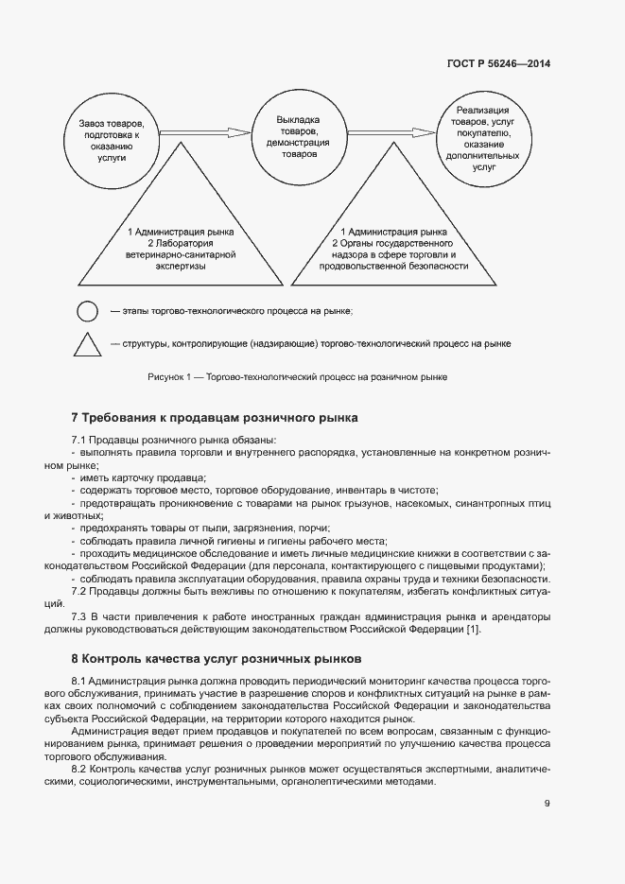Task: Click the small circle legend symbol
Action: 87,311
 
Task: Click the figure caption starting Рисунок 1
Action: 298,377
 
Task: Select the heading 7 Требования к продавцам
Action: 216,418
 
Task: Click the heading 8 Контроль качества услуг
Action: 217,658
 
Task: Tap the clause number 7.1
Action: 79,441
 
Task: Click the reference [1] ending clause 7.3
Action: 474,631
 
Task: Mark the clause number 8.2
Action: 79,771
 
